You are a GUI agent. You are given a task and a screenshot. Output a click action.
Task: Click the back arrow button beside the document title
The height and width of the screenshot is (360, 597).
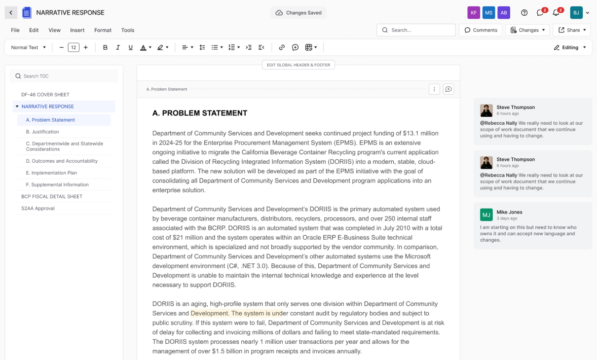click(11, 13)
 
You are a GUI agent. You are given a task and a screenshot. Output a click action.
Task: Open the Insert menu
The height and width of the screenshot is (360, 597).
click(77, 30)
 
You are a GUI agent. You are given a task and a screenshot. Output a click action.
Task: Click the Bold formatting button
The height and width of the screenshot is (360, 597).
click(105, 47)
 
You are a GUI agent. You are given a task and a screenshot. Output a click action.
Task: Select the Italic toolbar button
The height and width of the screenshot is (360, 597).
click(118, 47)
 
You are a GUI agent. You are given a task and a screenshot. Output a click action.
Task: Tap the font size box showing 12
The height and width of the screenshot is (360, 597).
click(74, 47)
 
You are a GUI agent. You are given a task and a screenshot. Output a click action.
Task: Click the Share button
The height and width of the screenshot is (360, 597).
click(572, 30)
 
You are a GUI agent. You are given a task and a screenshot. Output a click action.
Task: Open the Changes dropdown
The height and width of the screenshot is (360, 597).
click(527, 30)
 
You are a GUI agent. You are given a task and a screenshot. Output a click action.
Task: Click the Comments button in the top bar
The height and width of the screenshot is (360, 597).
click(481, 30)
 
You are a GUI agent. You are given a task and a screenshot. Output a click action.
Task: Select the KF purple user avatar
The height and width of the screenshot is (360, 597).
click(474, 13)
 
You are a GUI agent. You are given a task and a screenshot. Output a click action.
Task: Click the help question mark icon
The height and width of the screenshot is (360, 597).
click(524, 13)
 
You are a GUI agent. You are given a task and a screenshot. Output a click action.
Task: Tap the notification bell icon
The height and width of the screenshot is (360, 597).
click(556, 13)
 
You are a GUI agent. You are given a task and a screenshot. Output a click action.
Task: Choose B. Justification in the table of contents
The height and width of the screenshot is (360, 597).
click(42, 132)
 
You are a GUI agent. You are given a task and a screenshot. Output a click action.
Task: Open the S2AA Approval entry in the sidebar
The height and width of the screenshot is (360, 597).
click(38, 208)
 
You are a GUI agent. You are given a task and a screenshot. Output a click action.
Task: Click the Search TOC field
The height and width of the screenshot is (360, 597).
click(64, 76)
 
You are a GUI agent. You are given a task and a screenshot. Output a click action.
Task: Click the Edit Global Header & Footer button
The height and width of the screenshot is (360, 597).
click(298, 65)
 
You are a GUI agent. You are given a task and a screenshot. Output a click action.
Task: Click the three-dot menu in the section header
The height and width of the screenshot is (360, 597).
click(434, 89)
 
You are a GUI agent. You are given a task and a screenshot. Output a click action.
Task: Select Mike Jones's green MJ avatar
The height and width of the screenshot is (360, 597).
click(486, 215)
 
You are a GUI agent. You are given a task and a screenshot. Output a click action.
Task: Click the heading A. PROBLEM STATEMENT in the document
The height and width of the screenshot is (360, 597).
click(200, 113)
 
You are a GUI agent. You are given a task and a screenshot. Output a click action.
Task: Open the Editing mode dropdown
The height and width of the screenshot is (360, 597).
click(570, 47)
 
